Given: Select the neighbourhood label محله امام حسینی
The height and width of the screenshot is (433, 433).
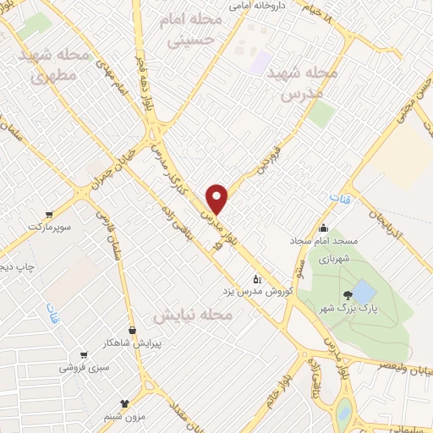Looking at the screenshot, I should click(x=195, y=29).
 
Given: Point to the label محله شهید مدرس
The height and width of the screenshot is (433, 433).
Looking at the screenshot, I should click(x=301, y=82).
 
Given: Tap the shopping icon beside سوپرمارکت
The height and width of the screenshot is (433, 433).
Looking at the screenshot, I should click(x=50, y=214).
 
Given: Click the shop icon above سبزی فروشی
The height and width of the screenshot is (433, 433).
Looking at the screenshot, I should click(x=83, y=354).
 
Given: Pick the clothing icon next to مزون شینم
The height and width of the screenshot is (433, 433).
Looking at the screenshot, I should click(x=125, y=403).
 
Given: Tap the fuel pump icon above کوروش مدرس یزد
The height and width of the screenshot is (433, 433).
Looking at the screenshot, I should click(x=258, y=278).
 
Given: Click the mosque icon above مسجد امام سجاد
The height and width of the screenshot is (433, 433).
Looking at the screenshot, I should click(x=323, y=227).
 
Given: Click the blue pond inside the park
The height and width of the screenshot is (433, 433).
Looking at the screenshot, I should click(x=364, y=293).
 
